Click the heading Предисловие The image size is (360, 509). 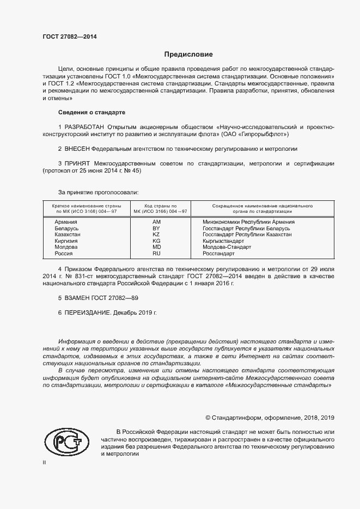pyautogui.click(x=188, y=54)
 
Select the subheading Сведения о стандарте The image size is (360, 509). pyautogui.click(x=91, y=112)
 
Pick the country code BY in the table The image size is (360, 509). pyautogui.click(x=156, y=228)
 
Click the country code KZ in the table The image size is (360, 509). pyautogui.click(x=156, y=234)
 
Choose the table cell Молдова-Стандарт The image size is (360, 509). pyautogui.click(x=227, y=247)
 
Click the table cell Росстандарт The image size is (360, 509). pyautogui.click(x=218, y=253)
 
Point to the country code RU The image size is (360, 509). pyautogui.click(x=156, y=253)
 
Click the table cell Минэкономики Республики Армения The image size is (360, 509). pyautogui.click(x=248, y=222)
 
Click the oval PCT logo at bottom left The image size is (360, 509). pyautogui.click(x=66, y=442)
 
